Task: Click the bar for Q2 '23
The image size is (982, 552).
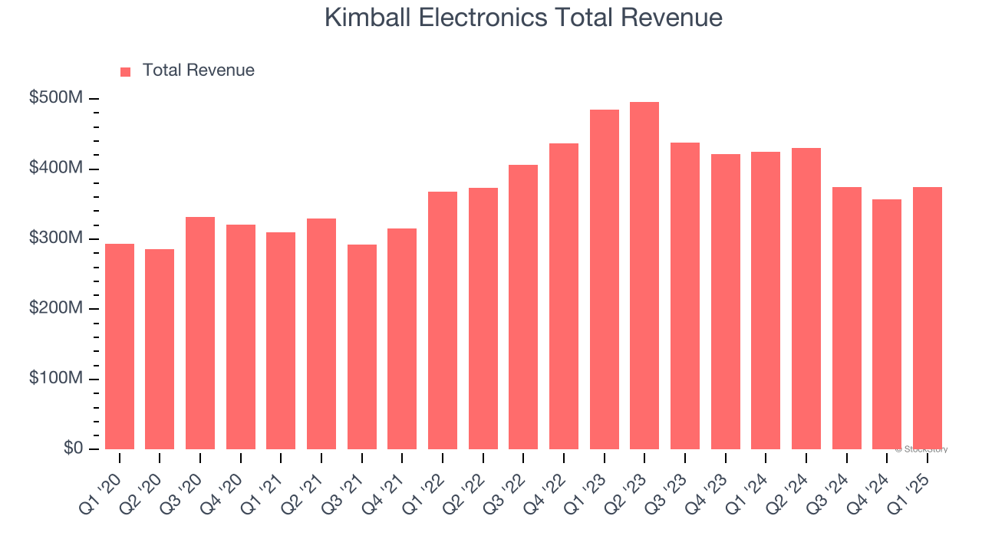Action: pyautogui.click(x=644, y=275)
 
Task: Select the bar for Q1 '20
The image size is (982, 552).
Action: pyautogui.click(x=120, y=346)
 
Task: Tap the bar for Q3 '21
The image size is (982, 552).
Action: pyautogui.click(x=362, y=347)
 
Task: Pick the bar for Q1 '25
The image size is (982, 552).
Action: pyautogui.click(x=927, y=317)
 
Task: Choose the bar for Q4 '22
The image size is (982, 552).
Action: pyautogui.click(x=564, y=296)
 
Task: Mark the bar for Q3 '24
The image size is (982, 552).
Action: pyautogui.click(x=846, y=317)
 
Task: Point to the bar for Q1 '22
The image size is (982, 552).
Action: pyautogui.click(x=443, y=320)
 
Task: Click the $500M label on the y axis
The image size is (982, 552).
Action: pyautogui.click(x=57, y=98)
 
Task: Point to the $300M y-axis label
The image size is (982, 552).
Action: pyautogui.click(x=57, y=238)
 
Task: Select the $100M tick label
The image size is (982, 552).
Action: pyautogui.click(x=57, y=379)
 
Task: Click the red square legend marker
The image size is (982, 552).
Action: pyautogui.click(x=126, y=72)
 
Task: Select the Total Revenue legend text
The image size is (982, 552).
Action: pyautogui.click(x=198, y=71)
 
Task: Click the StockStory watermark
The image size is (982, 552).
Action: pyautogui.click(x=921, y=449)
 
